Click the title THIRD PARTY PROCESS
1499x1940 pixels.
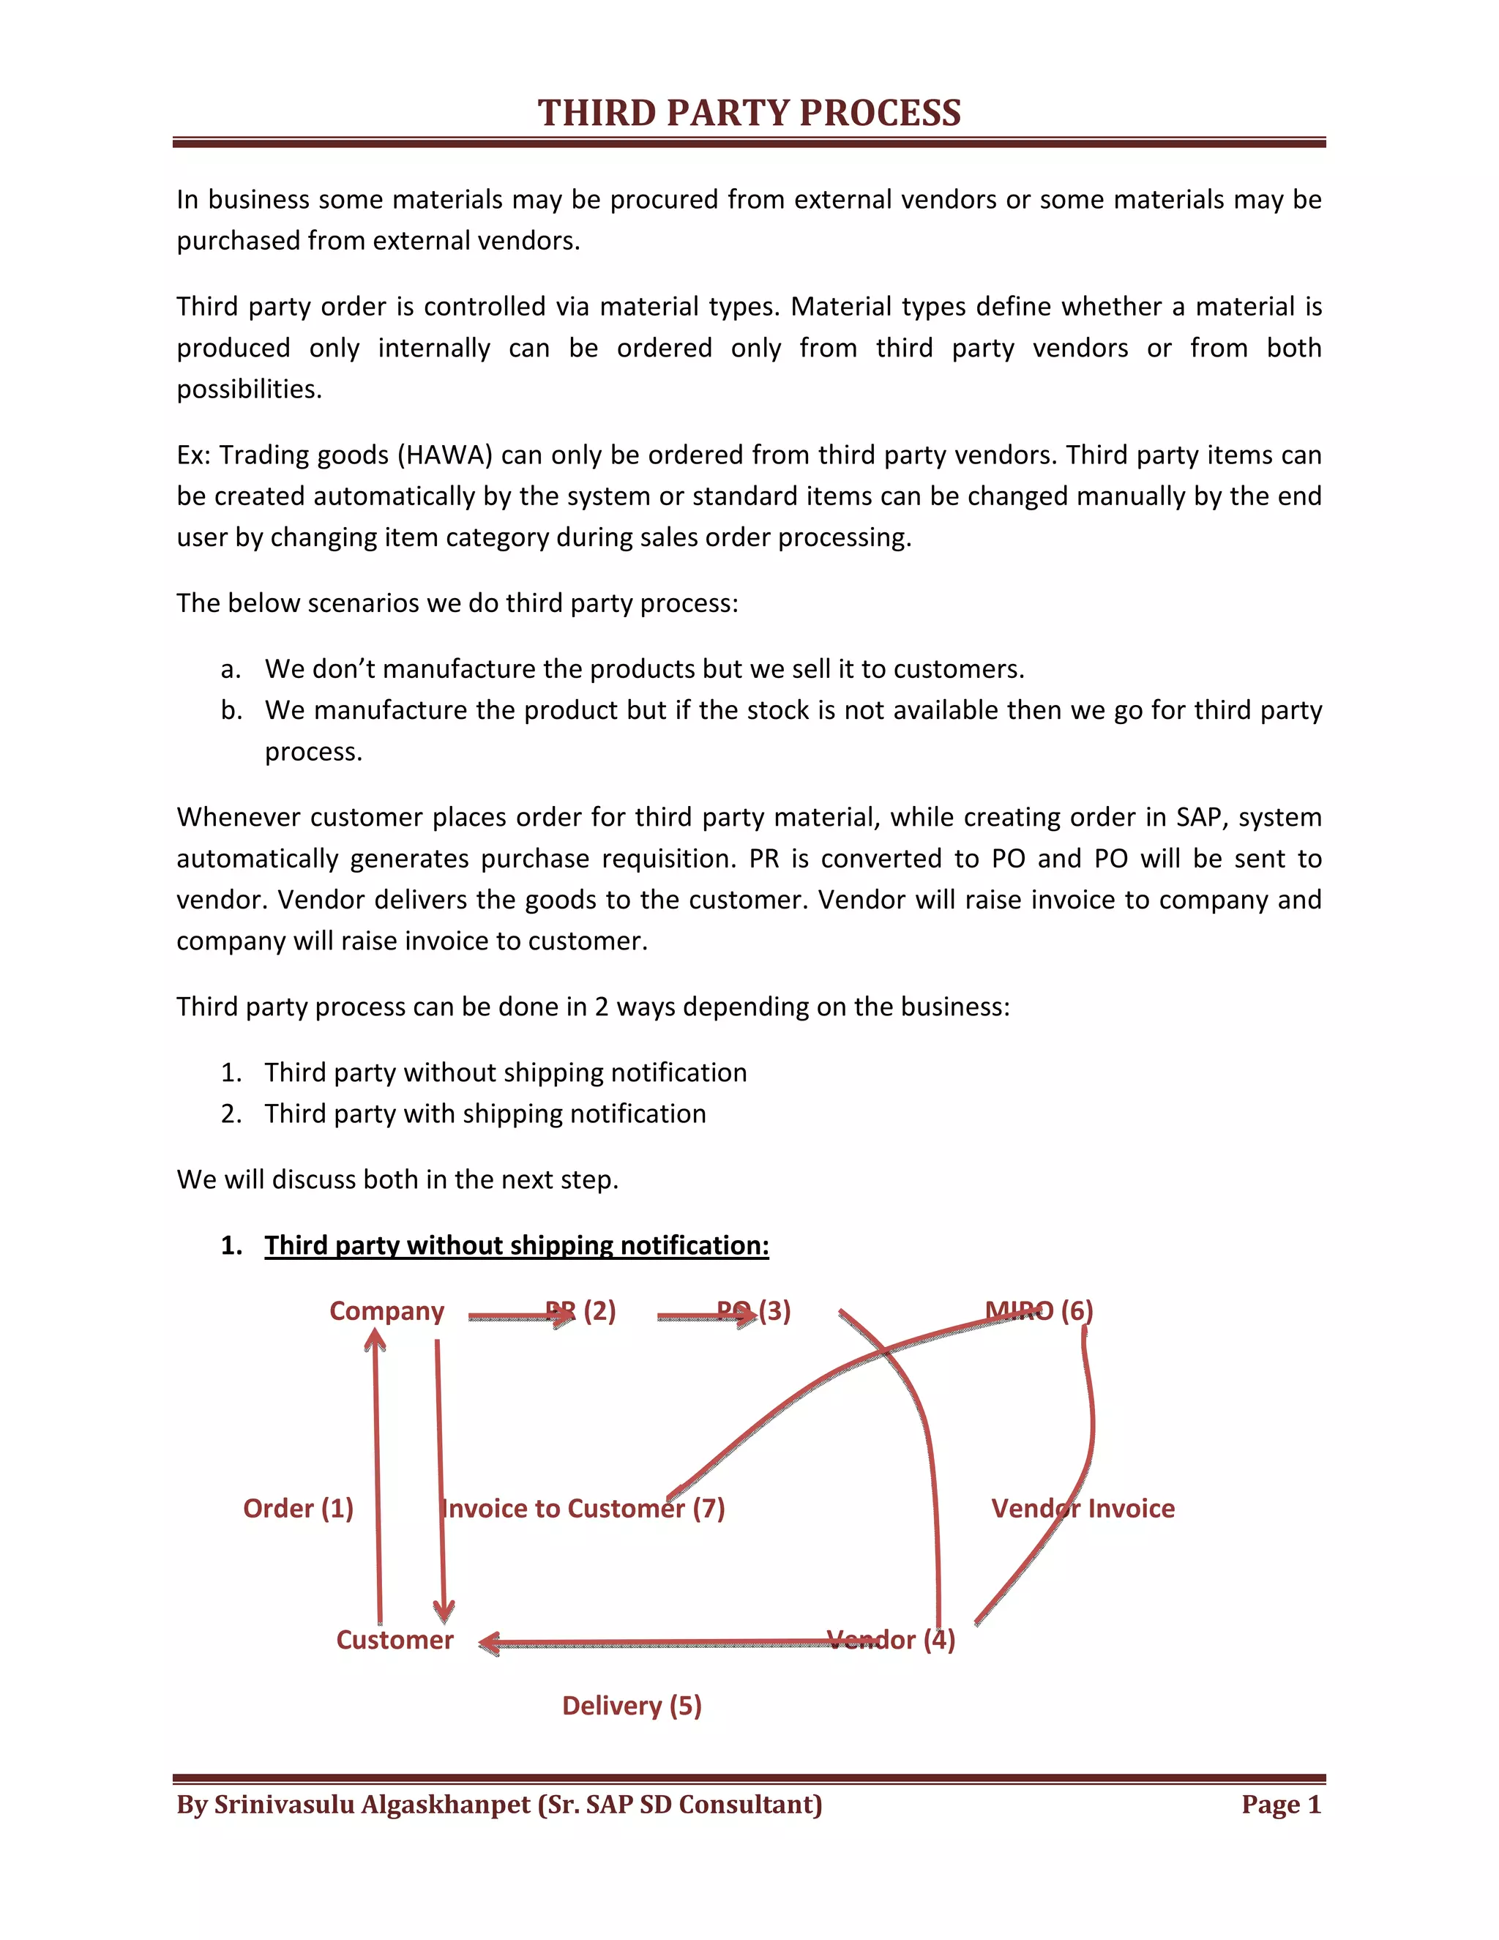pos(749,113)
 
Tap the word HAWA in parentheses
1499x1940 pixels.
pos(445,455)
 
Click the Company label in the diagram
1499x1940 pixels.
pos(386,1311)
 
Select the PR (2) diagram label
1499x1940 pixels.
pos(580,1311)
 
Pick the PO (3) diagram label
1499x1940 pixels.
pos(754,1311)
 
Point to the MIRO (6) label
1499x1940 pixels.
pos(1039,1311)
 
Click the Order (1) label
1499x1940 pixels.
pos(299,1508)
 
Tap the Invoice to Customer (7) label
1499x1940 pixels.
pos(583,1508)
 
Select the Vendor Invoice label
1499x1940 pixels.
pos(1083,1508)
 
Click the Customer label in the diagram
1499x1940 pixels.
pos(395,1640)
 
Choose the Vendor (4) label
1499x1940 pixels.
pos(891,1640)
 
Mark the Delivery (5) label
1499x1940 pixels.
pos(632,1706)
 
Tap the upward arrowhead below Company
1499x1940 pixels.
pos(375,1340)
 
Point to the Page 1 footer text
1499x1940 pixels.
pos(1281,1805)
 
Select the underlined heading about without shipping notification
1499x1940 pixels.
pos(516,1245)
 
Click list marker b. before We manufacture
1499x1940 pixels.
pos(231,711)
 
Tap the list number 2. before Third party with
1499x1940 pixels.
pos(231,1114)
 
